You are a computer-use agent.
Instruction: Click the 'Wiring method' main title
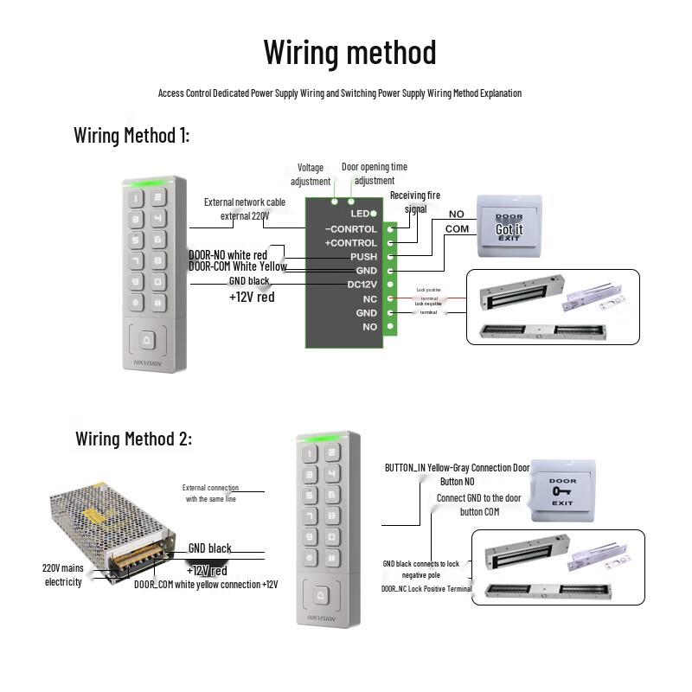click(x=349, y=52)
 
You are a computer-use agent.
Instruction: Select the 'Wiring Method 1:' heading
click(x=131, y=135)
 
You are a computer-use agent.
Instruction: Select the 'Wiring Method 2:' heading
click(x=133, y=439)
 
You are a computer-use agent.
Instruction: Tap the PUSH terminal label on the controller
click(x=363, y=257)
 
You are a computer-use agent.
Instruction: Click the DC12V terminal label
click(x=362, y=285)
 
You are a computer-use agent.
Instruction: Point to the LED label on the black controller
click(x=360, y=213)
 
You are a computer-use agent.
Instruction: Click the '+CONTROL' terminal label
click(x=350, y=243)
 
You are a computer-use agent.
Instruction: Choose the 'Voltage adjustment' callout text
click(x=311, y=174)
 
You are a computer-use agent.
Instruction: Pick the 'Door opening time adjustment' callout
click(x=375, y=174)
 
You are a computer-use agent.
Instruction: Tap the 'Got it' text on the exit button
click(x=509, y=229)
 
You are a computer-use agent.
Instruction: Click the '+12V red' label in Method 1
click(x=252, y=297)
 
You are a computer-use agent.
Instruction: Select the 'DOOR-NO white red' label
click(x=227, y=254)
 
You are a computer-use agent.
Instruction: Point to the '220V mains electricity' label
click(x=63, y=575)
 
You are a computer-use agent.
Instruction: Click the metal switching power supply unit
click(x=112, y=528)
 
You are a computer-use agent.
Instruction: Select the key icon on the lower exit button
click(x=562, y=491)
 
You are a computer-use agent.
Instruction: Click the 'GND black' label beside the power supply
click(x=209, y=548)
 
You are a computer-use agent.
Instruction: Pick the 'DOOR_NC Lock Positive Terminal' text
click(x=426, y=588)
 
